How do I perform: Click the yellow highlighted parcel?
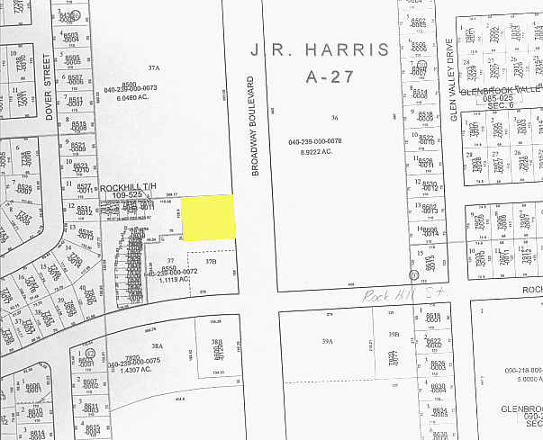[209, 218]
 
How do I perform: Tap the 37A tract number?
[154, 67]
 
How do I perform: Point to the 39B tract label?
[393, 335]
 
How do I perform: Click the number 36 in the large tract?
[333, 118]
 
